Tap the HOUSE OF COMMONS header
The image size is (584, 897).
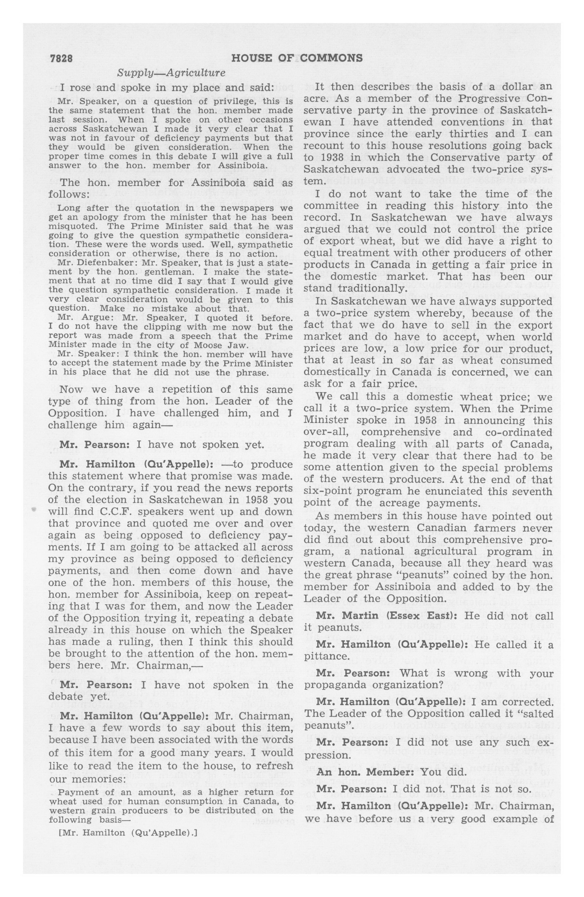(297, 58)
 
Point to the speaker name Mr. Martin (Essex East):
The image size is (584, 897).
(387, 616)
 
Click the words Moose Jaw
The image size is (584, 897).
(229, 345)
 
